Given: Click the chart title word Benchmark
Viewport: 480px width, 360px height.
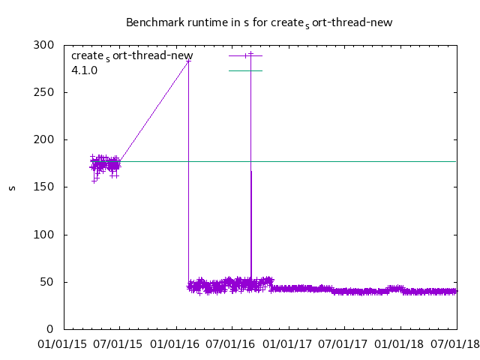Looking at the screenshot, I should click(x=152, y=22).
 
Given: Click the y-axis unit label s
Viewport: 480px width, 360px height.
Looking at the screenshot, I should click(x=12, y=187).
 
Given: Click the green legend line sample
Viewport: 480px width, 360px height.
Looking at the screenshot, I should click(x=245, y=70).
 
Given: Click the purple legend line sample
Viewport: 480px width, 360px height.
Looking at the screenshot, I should click(x=245, y=55).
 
